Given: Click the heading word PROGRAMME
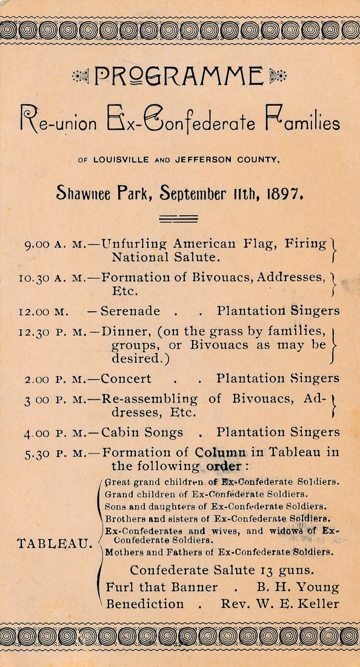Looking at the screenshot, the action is click(179, 76).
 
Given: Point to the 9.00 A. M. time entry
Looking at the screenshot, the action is click(55, 245).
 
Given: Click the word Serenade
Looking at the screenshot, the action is click(130, 311).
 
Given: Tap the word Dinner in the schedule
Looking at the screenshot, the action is click(121, 332).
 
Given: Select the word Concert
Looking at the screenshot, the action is click(126, 379).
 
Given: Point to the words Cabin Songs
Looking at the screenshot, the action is click(142, 432).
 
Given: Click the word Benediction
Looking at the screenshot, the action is click(145, 604).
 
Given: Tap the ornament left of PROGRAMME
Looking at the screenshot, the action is click(81, 76).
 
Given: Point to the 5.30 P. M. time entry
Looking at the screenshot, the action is click(56, 452).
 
